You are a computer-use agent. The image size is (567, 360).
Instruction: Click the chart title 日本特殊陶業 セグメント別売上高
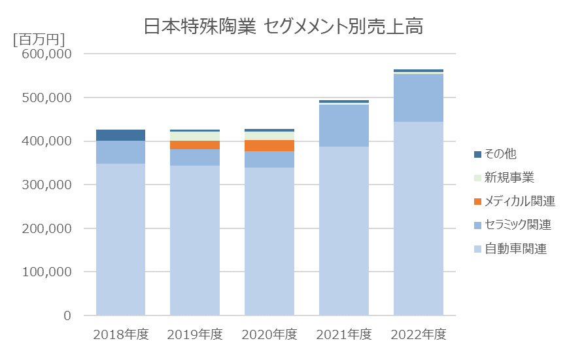[x=283, y=27]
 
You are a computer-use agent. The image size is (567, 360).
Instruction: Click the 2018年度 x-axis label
[x=121, y=334]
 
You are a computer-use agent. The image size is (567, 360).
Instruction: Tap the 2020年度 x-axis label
[x=269, y=334]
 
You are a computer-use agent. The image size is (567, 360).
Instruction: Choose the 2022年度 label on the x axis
[x=419, y=334]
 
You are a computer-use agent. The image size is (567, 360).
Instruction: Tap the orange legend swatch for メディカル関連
[x=477, y=202]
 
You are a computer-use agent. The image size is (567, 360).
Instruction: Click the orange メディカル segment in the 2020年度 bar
[x=269, y=145]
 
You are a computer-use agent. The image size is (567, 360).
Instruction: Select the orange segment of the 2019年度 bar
[x=195, y=145]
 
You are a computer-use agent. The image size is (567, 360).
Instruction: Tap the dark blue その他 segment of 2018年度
[x=121, y=135]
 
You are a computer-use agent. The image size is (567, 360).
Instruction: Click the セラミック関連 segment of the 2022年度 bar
[x=419, y=98]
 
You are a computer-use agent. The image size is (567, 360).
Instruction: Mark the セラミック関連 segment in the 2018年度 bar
[x=121, y=152]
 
